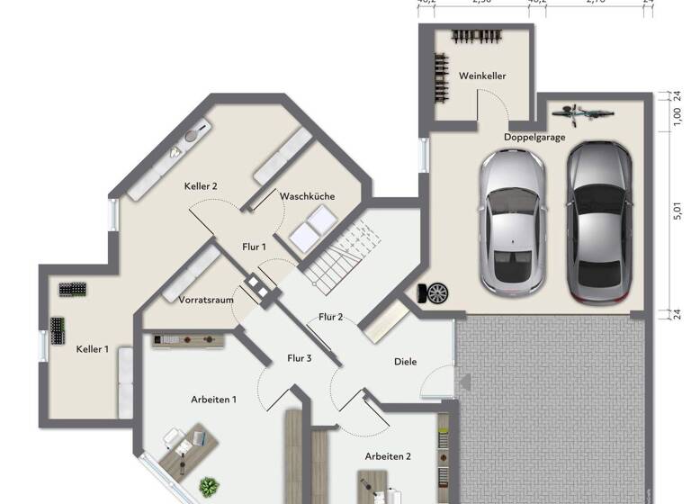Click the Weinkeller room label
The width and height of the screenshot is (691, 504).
[x=481, y=76]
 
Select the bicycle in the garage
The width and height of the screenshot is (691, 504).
[x=583, y=114]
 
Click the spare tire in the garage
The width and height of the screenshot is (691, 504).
[x=437, y=292]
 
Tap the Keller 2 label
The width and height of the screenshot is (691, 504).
[x=202, y=185]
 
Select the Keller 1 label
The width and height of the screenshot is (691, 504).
[x=92, y=348]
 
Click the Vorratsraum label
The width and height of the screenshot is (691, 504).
[x=202, y=298]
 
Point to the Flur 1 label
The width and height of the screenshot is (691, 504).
[x=255, y=247]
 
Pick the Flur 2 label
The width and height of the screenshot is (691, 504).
[x=331, y=317]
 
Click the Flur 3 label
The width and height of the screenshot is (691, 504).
[x=299, y=358]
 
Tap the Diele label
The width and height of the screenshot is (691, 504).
[x=406, y=362]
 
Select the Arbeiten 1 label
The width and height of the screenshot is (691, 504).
[x=214, y=399]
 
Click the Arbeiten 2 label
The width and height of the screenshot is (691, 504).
[x=388, y=456]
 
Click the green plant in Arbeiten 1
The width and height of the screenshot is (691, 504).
[x=209, y=487]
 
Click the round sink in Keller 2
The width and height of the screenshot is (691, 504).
[x=191, y=136]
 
